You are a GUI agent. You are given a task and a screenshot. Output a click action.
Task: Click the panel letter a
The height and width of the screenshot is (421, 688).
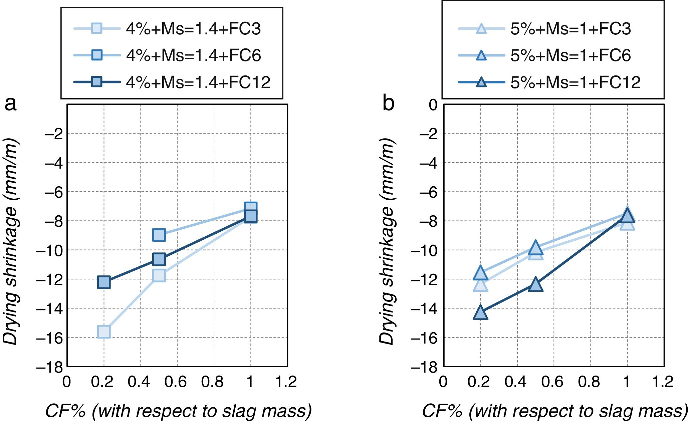[11, 103]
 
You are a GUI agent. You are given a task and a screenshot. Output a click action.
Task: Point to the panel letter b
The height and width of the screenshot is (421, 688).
[388, 103]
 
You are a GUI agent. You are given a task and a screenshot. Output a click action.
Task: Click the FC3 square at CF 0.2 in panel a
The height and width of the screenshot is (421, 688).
[104, 332]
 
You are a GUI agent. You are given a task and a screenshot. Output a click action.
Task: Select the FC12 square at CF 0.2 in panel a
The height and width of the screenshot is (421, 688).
[104, 282]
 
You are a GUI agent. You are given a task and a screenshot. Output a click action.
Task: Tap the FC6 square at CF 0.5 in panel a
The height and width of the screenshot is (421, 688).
[159, 235]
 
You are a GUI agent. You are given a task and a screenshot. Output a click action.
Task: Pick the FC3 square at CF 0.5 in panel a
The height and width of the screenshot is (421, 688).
[159, 275]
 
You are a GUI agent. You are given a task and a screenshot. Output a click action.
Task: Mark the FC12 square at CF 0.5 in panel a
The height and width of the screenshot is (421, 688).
[159, 259]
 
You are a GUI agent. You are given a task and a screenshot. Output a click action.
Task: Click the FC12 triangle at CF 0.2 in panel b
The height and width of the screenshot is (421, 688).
[480, 313]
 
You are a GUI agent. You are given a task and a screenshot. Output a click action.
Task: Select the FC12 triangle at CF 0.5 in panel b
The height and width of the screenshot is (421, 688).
[535, 285]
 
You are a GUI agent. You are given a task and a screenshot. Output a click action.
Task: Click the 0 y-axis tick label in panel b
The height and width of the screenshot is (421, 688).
[433, 105]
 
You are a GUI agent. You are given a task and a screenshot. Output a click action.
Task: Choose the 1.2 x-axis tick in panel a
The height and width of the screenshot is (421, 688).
[286, 382]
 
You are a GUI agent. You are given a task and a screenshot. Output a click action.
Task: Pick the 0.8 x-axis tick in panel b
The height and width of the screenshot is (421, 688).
[590, 382]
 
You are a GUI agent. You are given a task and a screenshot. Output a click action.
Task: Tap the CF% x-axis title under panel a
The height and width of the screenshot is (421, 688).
[178, 411]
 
